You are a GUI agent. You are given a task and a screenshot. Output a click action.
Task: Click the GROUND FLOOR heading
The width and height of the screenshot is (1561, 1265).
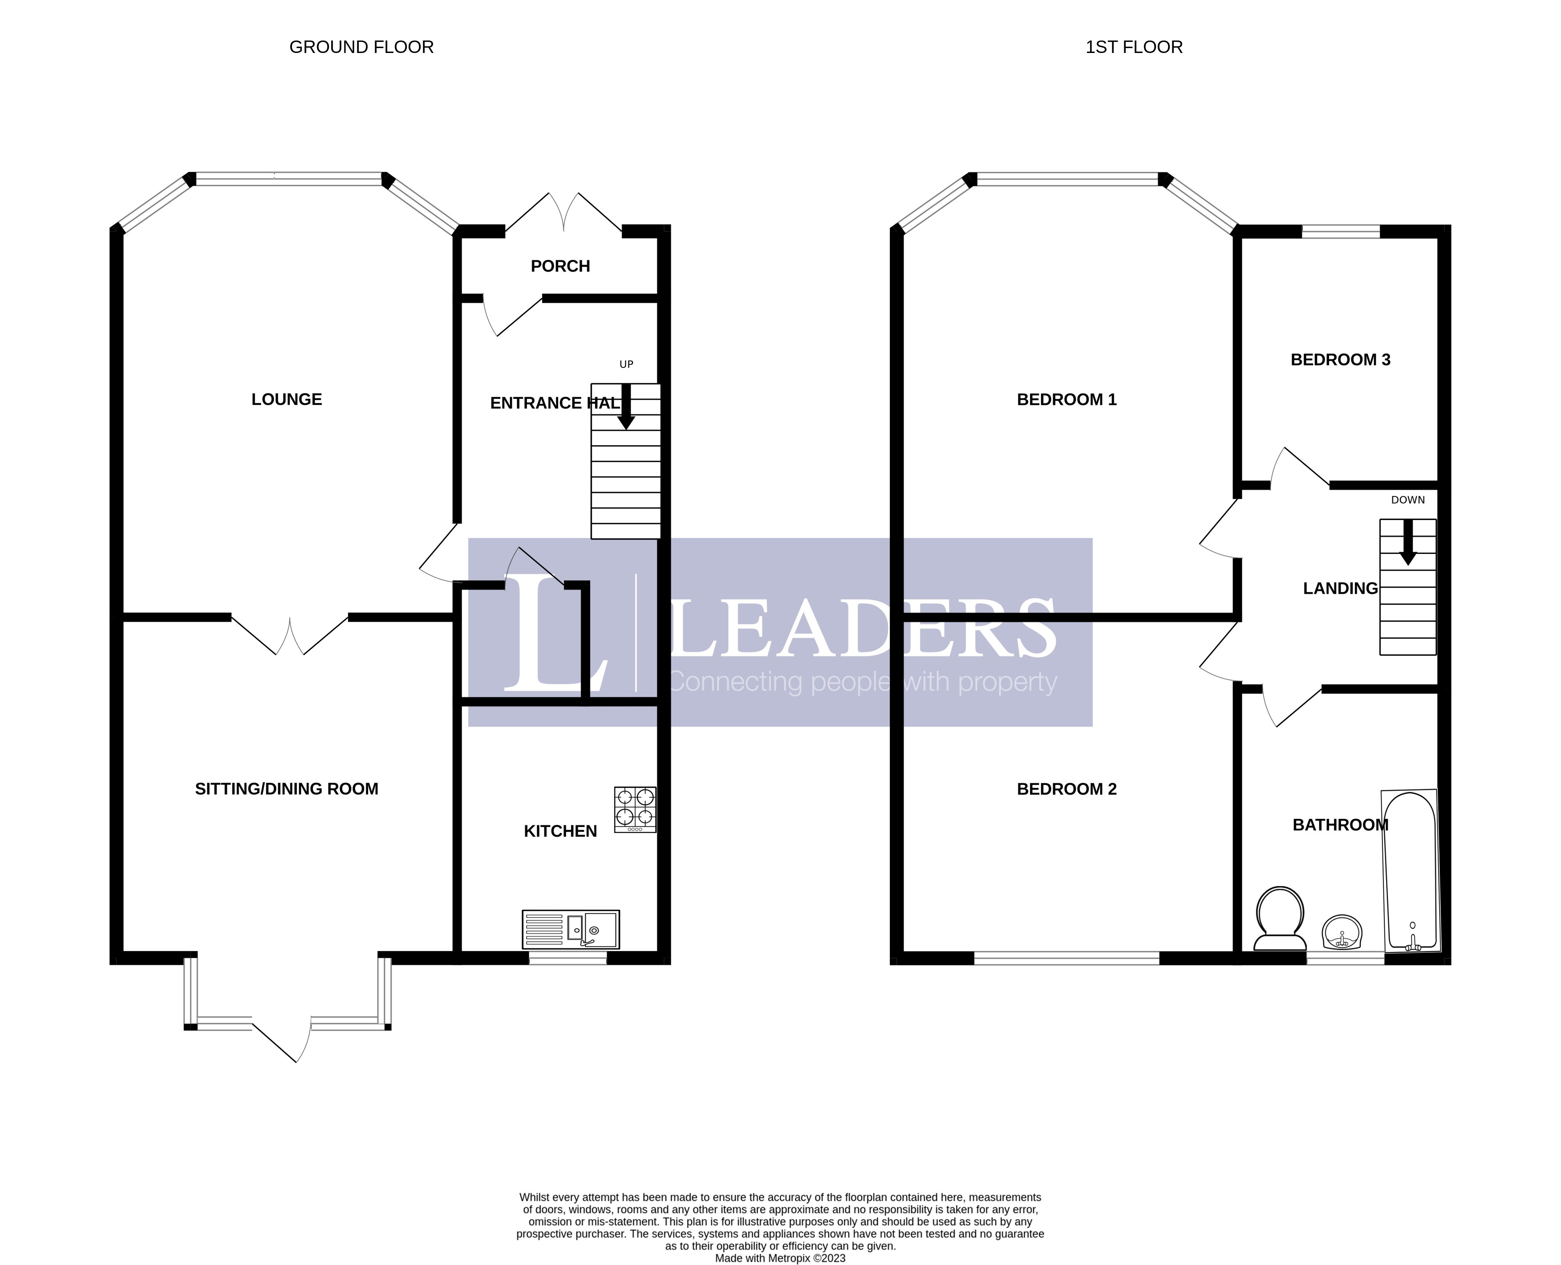361,47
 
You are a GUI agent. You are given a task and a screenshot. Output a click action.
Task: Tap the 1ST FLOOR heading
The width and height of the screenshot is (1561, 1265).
1133,47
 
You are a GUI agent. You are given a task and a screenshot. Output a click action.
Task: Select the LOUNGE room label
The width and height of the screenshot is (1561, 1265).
286,399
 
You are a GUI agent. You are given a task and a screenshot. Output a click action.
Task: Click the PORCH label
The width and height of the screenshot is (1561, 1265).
560,266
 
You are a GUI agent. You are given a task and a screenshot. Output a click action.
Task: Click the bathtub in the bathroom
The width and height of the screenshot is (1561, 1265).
1411,871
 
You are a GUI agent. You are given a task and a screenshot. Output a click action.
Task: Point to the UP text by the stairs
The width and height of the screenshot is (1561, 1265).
626,364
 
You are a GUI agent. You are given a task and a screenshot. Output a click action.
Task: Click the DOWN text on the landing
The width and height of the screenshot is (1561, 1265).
1407,500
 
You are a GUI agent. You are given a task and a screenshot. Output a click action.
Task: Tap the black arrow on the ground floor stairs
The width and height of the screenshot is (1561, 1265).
626,407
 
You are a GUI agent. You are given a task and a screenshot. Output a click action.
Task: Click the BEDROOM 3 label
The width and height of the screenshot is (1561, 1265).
1340,360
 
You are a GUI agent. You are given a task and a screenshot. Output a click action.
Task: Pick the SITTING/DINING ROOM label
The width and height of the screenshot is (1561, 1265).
286,789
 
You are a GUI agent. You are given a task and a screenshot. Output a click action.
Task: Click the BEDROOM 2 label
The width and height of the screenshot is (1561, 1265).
1066,789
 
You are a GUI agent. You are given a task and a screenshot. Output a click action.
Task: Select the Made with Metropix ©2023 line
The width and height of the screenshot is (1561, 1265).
780,1258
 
